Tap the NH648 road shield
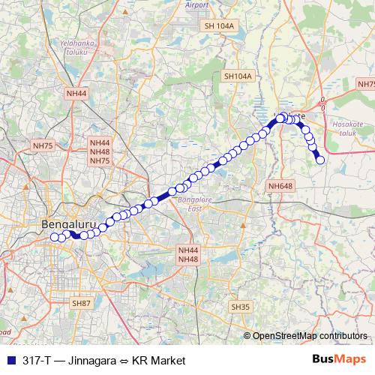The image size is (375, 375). pyautogui.click(x=280, y=185)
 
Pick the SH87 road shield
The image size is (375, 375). pyautogui.click(x=81, y=302)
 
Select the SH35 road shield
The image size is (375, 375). pyautogui.click(x=241, y=307)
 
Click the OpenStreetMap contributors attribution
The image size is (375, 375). pyautogui.click(x=305, y=335)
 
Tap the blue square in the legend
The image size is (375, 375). pyautogui.click(x=10, y=360)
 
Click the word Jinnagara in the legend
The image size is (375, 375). pyautogui.click(x=92, y=360)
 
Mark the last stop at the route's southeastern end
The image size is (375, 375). pyautogui.click(x=320, y=160)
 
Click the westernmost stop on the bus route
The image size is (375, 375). pyautogui.click(x=54, y=238)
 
